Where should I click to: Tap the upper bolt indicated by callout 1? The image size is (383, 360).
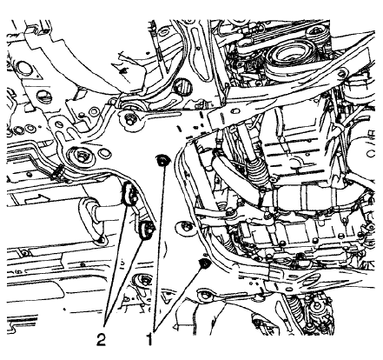click(x=162, y=160)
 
